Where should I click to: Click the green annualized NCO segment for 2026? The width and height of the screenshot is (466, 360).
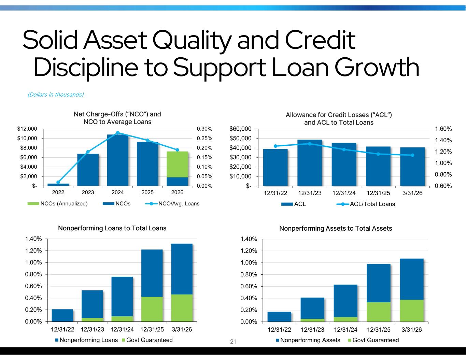(x=177, y=164)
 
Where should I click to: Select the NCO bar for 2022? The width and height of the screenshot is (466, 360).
(x=58, y=185)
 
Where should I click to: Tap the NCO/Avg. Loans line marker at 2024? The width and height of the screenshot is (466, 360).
(x=117, y=133)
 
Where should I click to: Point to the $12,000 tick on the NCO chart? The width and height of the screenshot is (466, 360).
(x=27, y=129)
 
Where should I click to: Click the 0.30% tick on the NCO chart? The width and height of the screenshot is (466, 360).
(x=204, y=129)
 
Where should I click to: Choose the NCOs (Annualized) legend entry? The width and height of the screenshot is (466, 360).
(x=57, y=204)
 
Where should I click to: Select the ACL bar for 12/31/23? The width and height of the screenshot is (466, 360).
(x=310, y=163)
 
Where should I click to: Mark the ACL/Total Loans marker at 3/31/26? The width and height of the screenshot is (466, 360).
(x=412, y=155)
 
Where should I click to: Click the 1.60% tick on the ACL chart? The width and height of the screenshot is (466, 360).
(x=443, y=129)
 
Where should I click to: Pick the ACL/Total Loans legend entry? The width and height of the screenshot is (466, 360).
(x=366, y=204)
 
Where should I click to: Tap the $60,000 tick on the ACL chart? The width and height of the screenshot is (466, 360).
(x=240, y=129)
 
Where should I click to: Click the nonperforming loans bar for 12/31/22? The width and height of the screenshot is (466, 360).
(x=62, y=315)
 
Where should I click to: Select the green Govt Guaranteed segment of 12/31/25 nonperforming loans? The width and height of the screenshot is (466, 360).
(x=152, y=309)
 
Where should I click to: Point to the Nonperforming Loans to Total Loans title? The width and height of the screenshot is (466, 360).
(x=112, y=228)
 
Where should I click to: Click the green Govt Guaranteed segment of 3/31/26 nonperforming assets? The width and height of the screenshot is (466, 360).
(x=411, y=311)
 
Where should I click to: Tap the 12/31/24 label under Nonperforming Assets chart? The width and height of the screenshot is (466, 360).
(x=345, y=330)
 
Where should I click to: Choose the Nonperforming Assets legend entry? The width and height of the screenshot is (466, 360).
(x=308, y=340)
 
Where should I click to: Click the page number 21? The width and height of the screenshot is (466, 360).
(x=233, y=342)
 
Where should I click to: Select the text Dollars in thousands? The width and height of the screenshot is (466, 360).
(x=56, y=95)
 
